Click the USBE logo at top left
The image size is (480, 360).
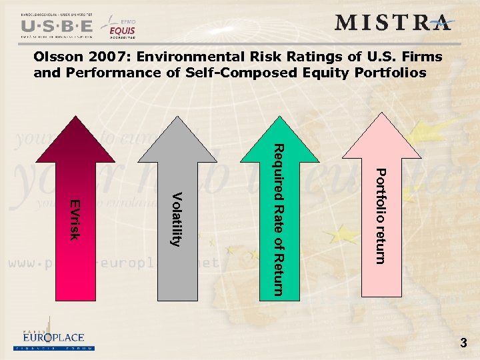pyautogui.click(x=57, y=25)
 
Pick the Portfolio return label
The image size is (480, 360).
pyautogui.click(x=379, y=216)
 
